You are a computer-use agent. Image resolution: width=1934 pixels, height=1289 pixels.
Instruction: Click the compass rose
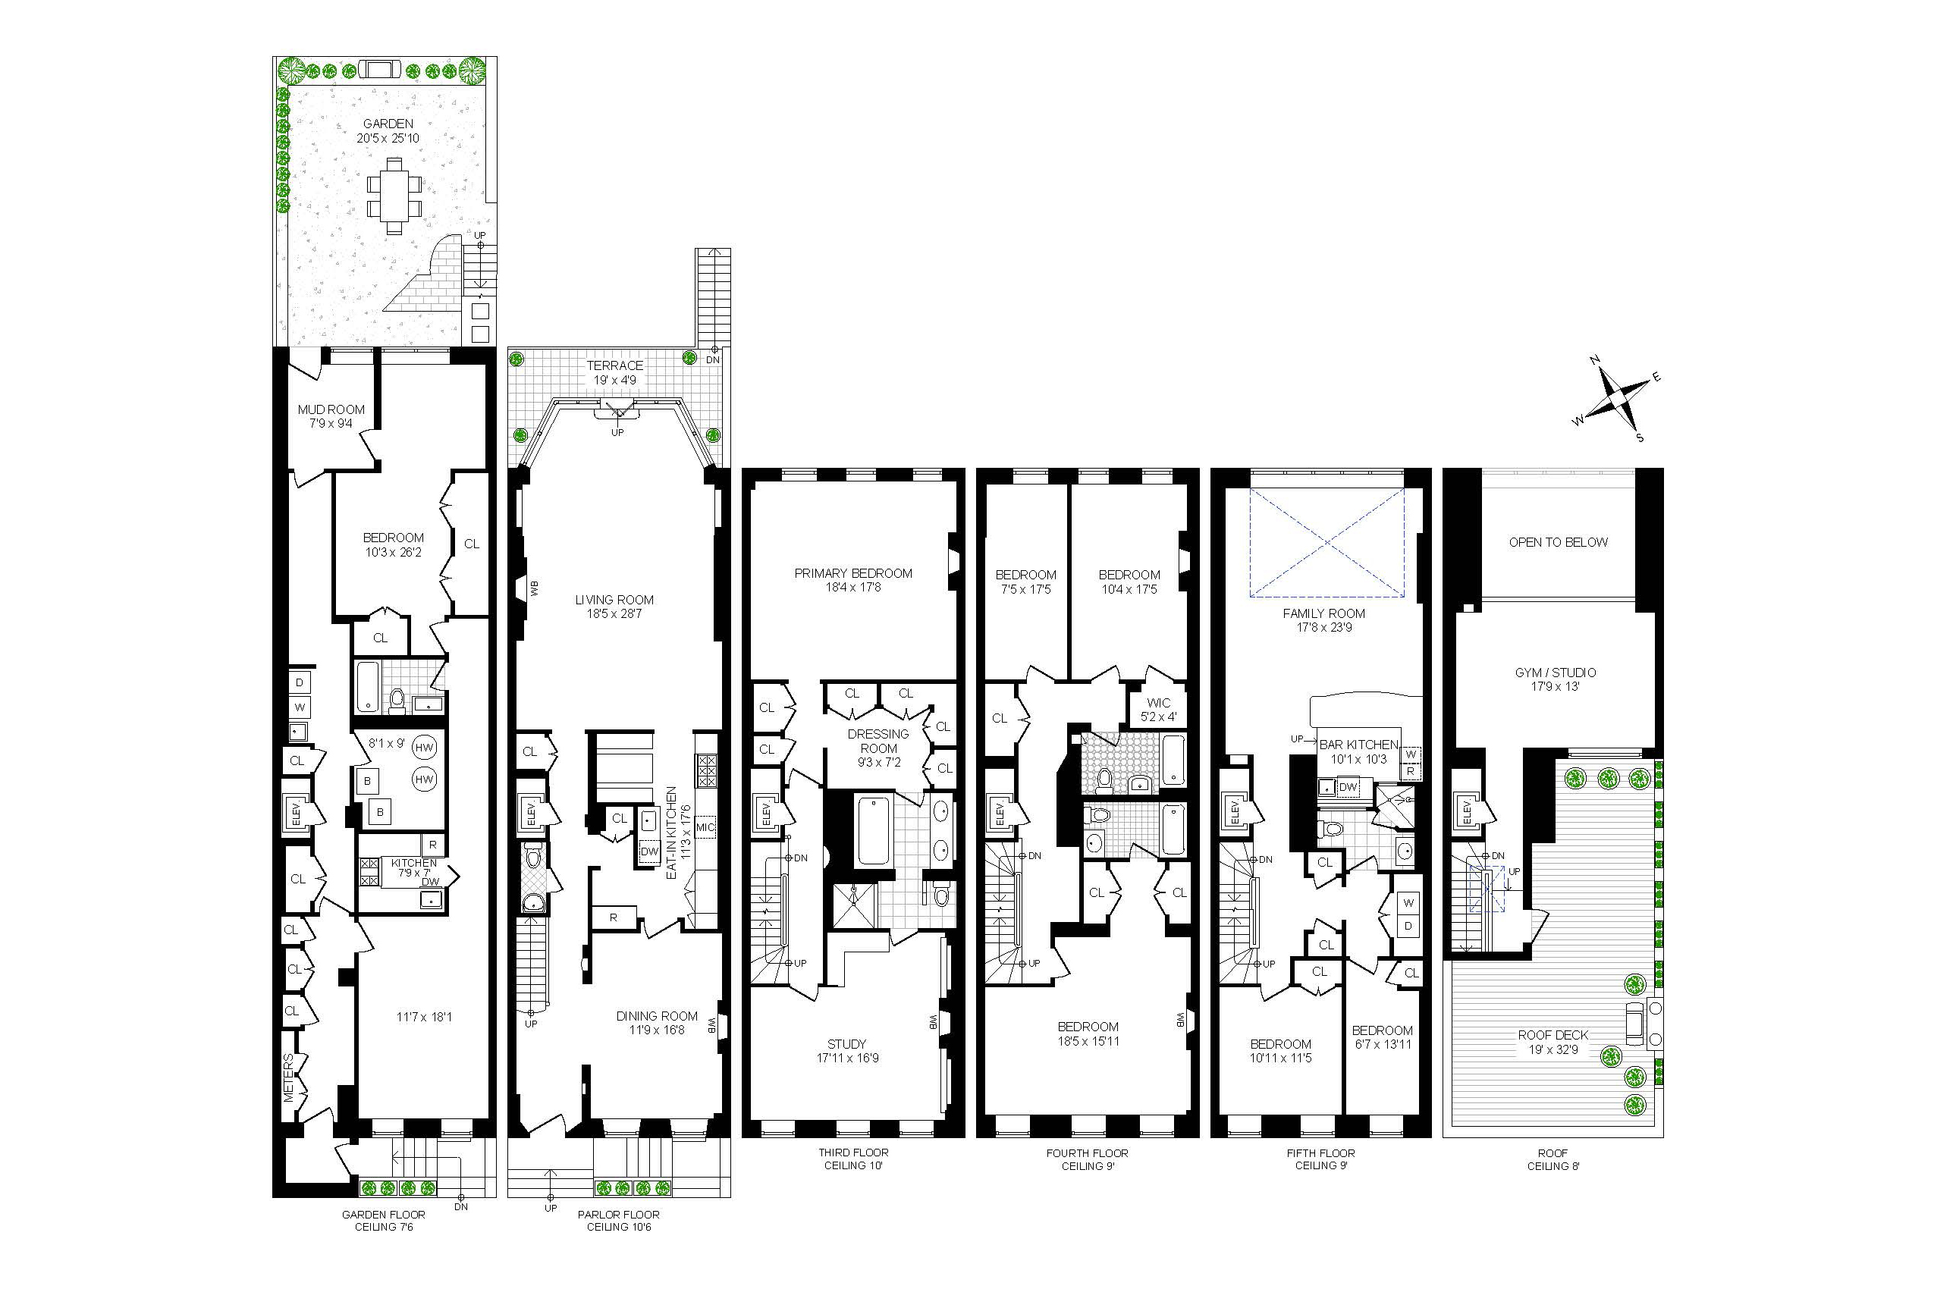click(1615, 400)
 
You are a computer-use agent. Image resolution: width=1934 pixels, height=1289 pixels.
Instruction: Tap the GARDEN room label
click(388, 124)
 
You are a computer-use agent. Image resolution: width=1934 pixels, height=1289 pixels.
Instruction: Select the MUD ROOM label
click(331, 409)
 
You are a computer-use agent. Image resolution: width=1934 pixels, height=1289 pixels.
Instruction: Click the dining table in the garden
click(394, 196)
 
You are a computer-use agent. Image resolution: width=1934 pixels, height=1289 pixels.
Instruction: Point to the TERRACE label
click(615, 365)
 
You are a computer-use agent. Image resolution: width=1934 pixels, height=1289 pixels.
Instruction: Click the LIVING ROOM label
click(614, 600)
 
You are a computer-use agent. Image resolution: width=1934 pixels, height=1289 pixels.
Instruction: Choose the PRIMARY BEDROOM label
click(852, 573)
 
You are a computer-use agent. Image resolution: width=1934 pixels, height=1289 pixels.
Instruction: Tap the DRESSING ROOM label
click(878, 741)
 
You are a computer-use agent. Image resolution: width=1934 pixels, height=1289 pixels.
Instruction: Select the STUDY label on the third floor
click(846, 1044)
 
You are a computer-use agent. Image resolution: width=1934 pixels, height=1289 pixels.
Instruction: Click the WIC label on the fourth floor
click(1158, 703)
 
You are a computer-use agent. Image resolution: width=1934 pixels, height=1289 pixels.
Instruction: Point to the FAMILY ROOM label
click(1324, 613)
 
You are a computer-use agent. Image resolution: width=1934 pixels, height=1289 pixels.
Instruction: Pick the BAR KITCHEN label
click(1358, 745)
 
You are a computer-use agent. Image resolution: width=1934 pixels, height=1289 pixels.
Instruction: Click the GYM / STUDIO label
click(1556, 673)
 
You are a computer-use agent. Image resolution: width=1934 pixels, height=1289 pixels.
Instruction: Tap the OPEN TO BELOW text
click(1559, 543)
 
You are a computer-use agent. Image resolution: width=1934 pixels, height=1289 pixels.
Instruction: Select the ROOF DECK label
click(1553, 1035)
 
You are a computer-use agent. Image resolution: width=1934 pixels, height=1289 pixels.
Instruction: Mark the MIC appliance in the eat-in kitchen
click(705, 827)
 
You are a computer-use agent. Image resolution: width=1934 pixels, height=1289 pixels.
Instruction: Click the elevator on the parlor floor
click(531, 814)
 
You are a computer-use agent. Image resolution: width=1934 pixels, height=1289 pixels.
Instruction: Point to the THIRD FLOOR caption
click(853, 1153)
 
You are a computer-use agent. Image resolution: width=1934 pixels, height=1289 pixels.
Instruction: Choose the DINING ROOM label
click(657, 1016)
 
